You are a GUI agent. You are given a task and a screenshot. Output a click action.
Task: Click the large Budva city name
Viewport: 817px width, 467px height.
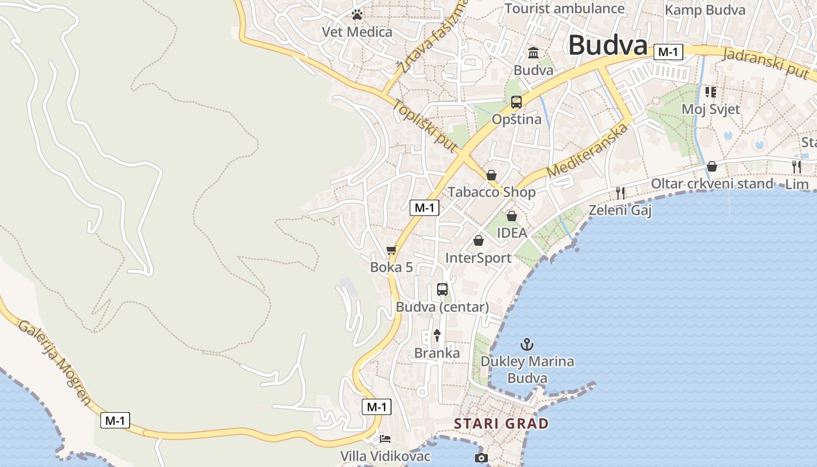tap(607, 46)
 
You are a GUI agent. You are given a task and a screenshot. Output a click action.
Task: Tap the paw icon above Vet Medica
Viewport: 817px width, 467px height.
tap(357, 14)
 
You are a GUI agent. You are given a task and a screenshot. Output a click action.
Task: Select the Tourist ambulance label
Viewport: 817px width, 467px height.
tap(564, 8)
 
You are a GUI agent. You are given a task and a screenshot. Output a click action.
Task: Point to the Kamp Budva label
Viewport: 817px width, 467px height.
tap(705, 10)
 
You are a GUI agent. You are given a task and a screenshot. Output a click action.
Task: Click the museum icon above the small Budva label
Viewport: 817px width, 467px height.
tap(533, 53)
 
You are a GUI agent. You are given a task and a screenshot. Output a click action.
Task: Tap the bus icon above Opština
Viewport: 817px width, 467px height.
tap(516, 102)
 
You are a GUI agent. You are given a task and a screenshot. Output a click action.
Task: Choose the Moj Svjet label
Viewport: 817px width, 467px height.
tap(710, 109)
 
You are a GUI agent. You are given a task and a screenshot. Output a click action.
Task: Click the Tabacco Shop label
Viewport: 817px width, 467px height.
tap(491, 192)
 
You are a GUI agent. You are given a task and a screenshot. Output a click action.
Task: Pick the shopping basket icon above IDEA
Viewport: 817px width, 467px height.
tap(512, 216)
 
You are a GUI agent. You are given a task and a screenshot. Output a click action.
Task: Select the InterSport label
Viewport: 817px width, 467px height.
tap(478, 258)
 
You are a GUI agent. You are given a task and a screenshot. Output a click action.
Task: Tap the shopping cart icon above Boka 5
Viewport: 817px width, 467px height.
tap(391, 250)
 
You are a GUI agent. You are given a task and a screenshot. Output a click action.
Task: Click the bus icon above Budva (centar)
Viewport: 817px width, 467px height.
tap(442, 289)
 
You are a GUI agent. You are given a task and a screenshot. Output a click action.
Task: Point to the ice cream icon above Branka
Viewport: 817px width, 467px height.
tap(437, 335)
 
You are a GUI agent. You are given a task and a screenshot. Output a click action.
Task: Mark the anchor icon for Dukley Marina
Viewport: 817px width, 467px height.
tap(527, 344)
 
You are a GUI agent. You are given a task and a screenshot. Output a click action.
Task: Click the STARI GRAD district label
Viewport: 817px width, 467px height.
tap(501, 423)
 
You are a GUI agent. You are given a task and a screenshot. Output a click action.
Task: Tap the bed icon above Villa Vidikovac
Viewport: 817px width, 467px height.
tap(385, 438)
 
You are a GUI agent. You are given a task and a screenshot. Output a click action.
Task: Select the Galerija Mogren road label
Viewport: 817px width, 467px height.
tap(55, 362)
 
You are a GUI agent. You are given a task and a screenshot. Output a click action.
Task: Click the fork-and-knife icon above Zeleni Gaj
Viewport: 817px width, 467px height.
tap(620, 193)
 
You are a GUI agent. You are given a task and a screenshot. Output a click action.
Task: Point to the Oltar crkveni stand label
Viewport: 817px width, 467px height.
tap(711, 184)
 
